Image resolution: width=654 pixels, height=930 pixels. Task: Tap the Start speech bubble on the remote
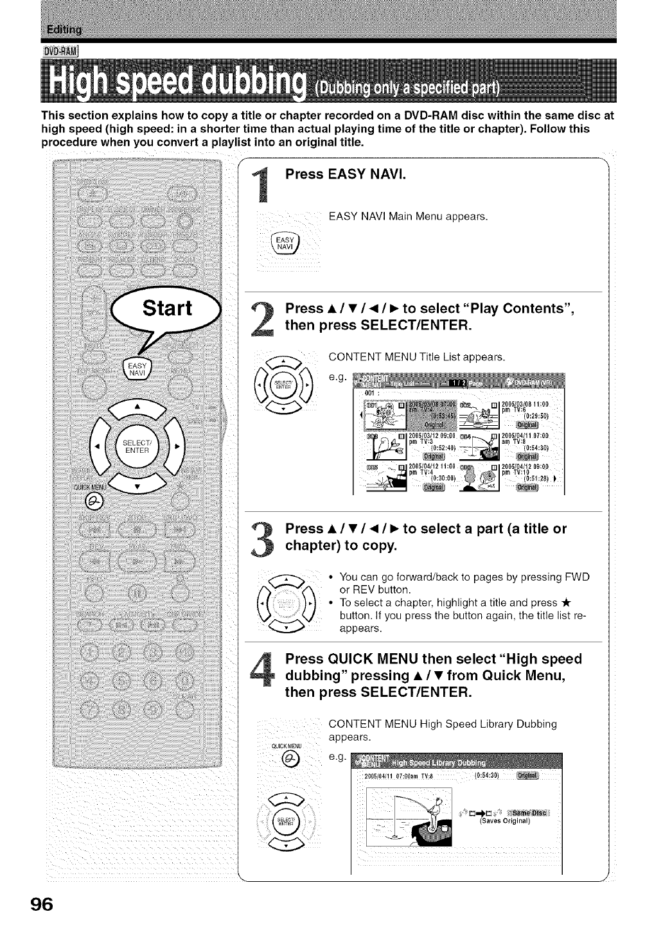point(166,309)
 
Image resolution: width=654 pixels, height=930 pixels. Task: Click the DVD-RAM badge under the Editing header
point(60,52)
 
